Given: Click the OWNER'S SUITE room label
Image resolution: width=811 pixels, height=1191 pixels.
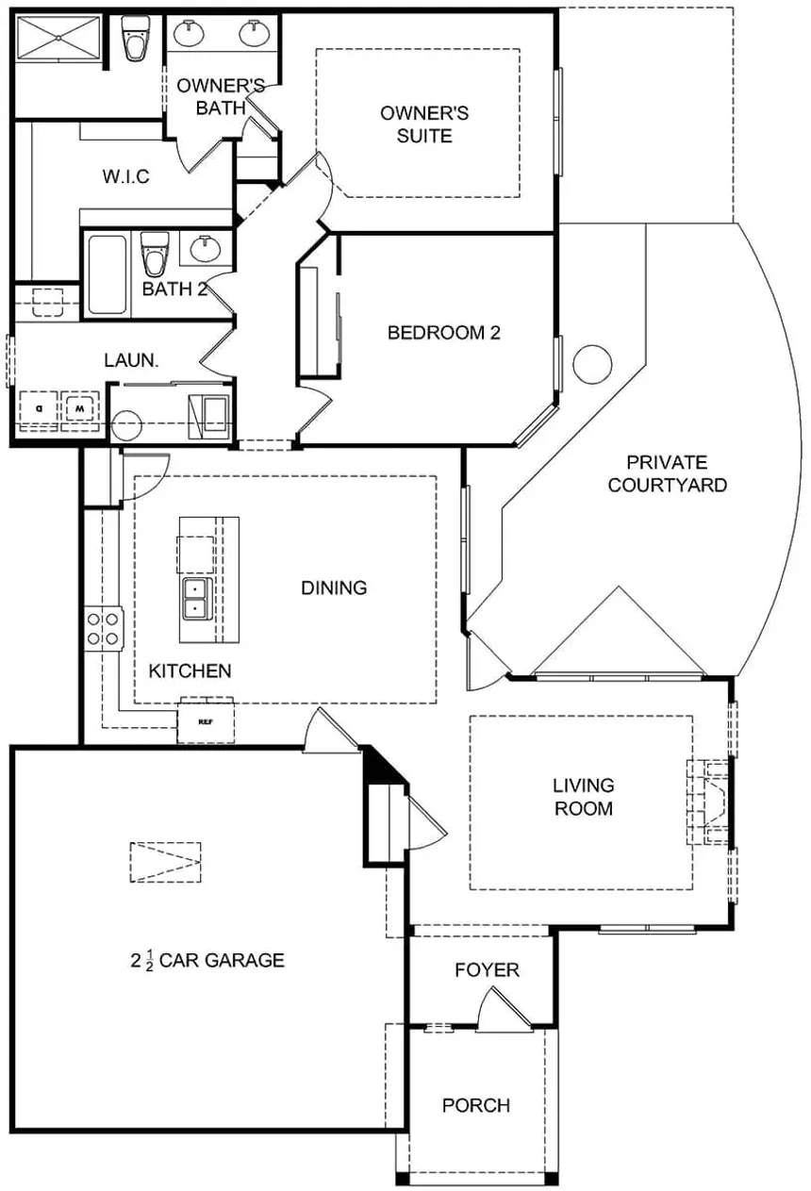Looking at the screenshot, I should tap(423, 124).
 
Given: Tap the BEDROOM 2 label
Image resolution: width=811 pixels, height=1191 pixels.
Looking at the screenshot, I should tap(443, 333).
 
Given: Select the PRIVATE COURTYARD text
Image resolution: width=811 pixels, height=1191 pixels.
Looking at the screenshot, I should tap(668, 474).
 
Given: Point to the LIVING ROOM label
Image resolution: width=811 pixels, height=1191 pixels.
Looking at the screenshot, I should tap(583, 797).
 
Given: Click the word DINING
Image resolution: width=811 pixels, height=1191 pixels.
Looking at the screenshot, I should tap(334, 588).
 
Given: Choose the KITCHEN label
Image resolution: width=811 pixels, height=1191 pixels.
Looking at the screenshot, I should tap(190, 671).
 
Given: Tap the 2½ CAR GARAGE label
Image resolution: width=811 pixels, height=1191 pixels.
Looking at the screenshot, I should tap(207, 961).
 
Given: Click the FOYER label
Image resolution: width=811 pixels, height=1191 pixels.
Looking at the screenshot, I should tap(487, 970).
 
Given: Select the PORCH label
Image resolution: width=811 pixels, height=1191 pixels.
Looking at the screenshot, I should tap(476, 1105).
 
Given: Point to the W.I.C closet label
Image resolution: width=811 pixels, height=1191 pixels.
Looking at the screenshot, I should tap(125, 177).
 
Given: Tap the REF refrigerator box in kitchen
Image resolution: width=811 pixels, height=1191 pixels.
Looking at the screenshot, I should tap(206, 721).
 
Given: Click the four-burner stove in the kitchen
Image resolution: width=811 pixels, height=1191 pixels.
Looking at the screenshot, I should tap(104, 629).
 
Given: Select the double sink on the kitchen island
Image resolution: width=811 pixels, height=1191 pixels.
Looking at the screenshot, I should tap(195, 597).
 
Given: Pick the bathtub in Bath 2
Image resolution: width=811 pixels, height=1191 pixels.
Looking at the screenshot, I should tap(107, 274).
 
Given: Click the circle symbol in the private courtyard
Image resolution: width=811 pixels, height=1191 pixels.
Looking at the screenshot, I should tap(593, 364).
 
